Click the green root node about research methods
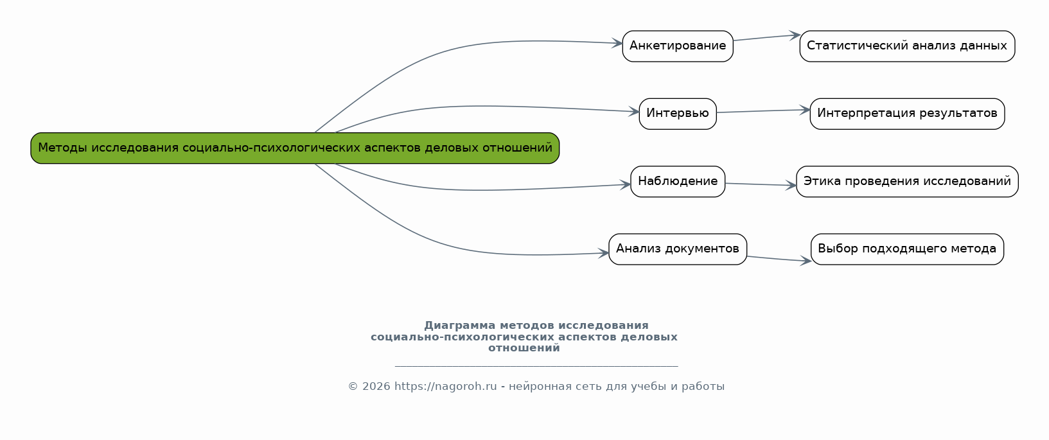(x=295, y=148)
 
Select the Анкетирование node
(x=678, y=46)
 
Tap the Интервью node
(x=678, y=114)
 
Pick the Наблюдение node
(x=678, y=182)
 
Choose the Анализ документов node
(x=678, y=249)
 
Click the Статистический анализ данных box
(x=907, y=46)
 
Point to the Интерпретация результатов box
(x=907, y=114)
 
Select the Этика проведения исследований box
(x=907, y=182)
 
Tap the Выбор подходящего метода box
(x=907, y=249)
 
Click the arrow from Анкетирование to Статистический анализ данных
(x=766, y=38)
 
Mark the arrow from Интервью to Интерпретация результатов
(x=763, y=111)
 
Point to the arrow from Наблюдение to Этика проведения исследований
(x=761, y=184)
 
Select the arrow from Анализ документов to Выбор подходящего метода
(x=779, y=259)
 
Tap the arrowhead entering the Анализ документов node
(x=604, y=253)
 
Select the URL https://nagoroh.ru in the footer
(x=445, y=387)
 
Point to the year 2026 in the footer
(x=376, y=387)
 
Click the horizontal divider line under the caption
(x=536, y=366)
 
